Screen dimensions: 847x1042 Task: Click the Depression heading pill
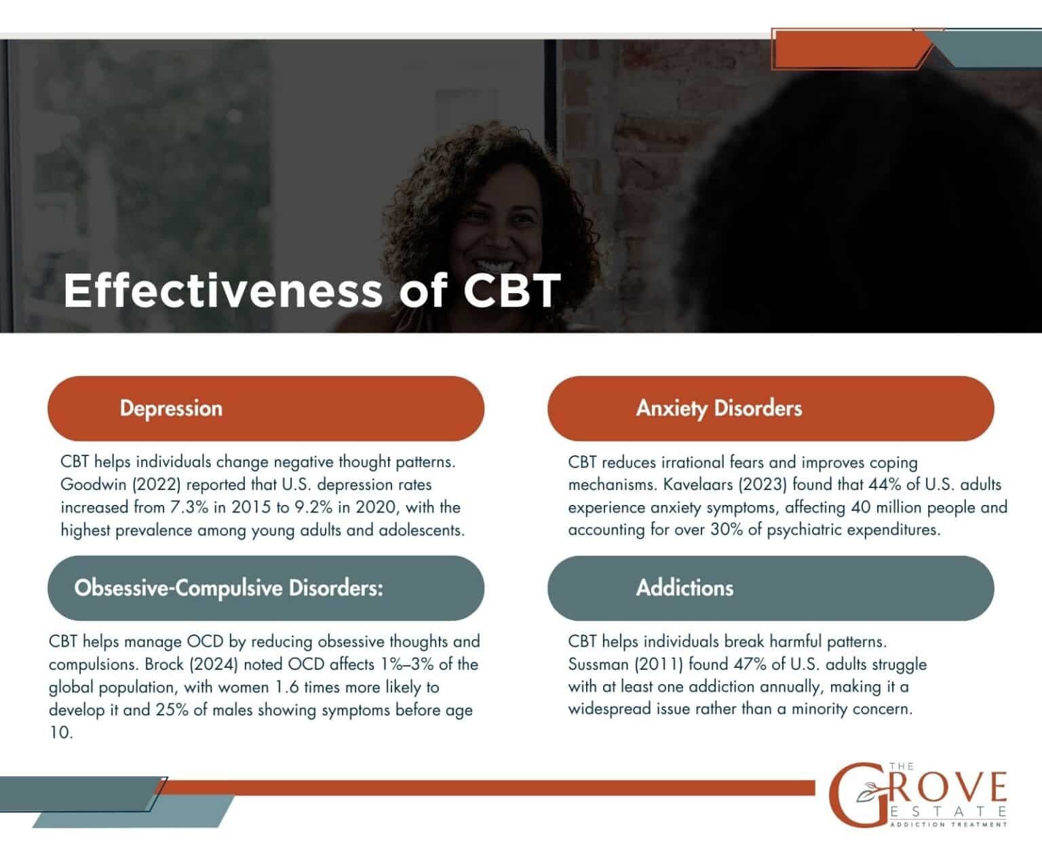pyautogui.click(x=265, y=409)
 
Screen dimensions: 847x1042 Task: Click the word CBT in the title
pyautogui.click(x=512, y=290)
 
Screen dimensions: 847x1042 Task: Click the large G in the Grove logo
pyautogui.click(x=853, y=795)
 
